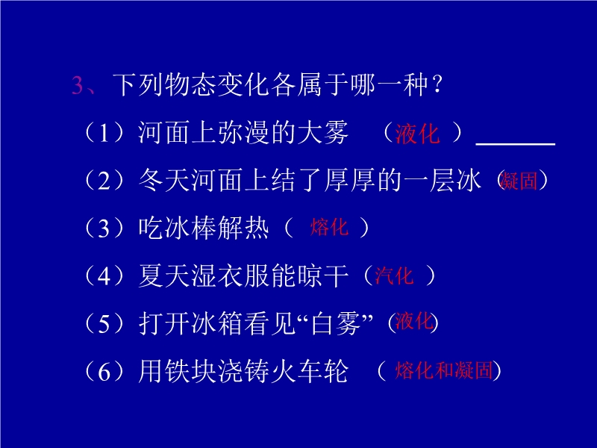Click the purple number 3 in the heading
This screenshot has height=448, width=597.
78,85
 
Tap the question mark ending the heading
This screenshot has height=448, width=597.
437,84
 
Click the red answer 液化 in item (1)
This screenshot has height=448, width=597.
417,134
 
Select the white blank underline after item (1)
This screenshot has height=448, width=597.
515,144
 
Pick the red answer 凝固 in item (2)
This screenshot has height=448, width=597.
518,180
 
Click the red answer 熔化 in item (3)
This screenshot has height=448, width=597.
329,227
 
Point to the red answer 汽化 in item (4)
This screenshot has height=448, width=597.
394,275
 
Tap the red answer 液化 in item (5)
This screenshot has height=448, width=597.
414,321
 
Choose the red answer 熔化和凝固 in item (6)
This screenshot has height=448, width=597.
444,370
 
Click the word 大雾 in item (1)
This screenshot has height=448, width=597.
323,133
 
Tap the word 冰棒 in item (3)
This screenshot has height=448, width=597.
191,228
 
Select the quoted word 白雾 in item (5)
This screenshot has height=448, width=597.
335,323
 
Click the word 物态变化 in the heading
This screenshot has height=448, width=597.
217,84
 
